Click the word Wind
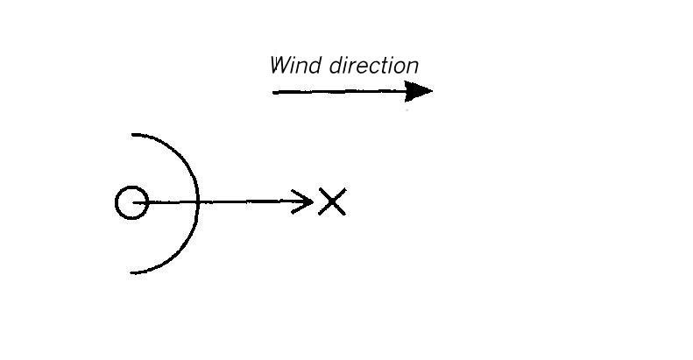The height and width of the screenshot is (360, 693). point(295,66)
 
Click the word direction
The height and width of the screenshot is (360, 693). point(374,66)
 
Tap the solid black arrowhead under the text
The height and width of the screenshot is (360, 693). point(418,91)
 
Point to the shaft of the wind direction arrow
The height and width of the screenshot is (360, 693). point(339,92)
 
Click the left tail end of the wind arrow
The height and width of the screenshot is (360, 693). point(273,92)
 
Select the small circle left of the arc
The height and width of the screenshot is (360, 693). point(131,202)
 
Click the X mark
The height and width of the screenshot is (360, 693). point(332,201)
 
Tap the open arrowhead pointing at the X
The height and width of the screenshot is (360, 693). point(303,201)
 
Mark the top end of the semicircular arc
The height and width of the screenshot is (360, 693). point(132,134)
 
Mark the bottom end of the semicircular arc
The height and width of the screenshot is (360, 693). point(131,273)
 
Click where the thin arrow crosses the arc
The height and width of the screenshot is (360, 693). point(199,202)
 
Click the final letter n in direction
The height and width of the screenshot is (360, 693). point(413,67)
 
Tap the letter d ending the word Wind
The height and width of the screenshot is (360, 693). point(315,66)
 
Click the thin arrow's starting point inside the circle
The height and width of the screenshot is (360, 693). point(133,202)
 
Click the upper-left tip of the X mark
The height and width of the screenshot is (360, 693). point(320,189)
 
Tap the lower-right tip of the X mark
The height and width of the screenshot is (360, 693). point(344,215)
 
